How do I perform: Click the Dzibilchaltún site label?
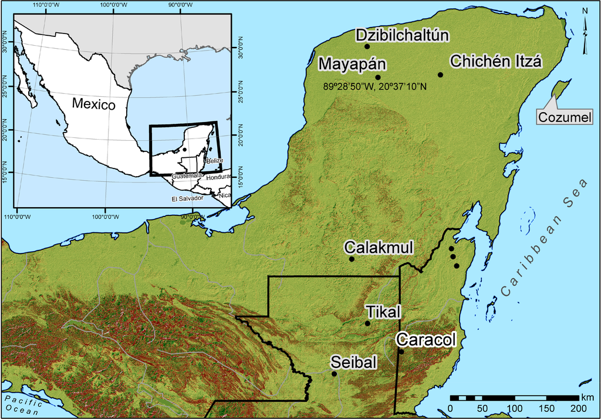pyautogui.click(x=402, y=35)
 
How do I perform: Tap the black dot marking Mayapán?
pyautogui.click(x=378, y=77)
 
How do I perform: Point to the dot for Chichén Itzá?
pyautogui.click(x=440, y=75)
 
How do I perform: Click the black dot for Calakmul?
pyautogui.click(x=352, y=259)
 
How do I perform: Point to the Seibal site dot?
pyautogui.click(x=334, y=374)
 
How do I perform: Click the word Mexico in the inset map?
pyautogui.click(x=93, y=104)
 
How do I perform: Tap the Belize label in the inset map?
pyautogui.click(x=213, y=160)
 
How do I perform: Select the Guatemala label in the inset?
pyautogui.click(x=187, y=175)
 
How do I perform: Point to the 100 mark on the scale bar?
pyautogui.click(x=515, y=408)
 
